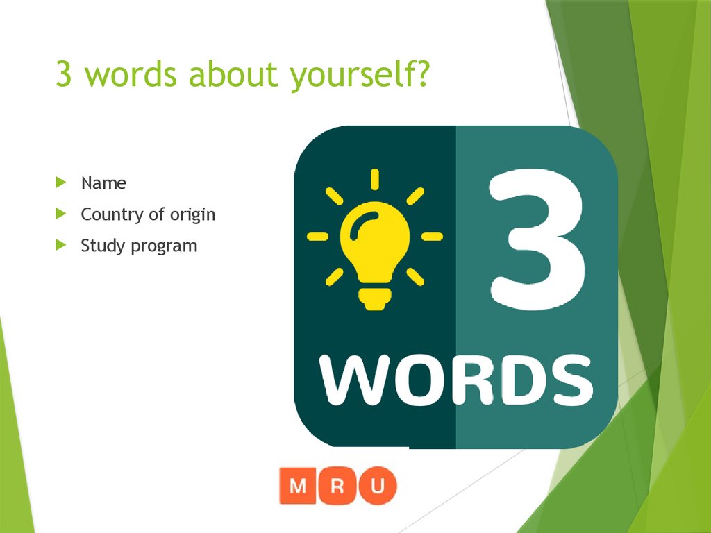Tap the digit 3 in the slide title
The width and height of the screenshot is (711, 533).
click(64, 75)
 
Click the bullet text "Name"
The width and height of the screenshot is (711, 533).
click(103, 183)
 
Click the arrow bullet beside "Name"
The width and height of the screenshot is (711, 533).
click(62, 183)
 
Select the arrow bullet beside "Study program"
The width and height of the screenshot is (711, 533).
click(62, 245)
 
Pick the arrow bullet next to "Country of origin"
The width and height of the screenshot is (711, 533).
click(62, 214)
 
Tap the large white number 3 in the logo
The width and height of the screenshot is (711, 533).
click(535, 240)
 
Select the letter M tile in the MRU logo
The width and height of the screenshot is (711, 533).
click(298, 485)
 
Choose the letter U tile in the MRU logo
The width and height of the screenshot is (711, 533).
click(377, 485)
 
